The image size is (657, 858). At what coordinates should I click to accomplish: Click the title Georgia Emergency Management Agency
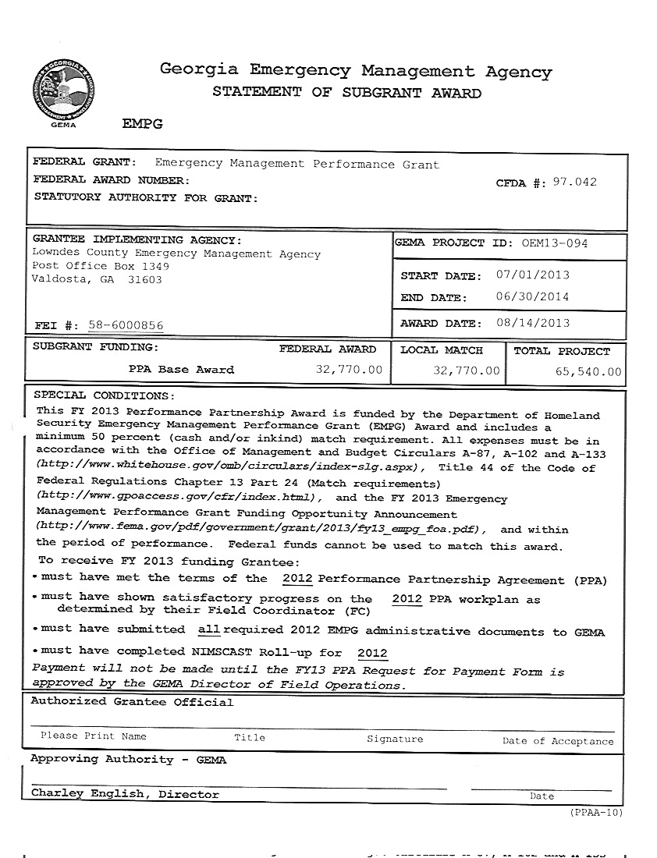pos(355,72)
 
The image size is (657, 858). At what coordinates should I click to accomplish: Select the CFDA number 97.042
pos(574,183)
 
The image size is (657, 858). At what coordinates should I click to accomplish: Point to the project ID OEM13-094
pos(555,243)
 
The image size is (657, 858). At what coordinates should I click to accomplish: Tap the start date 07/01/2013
pos(532,275)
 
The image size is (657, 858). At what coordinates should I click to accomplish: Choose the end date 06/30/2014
pos(532,297)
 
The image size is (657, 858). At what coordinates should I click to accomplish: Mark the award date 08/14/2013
pos(532,324)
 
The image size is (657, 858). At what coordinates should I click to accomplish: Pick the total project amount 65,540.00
pos(588,372)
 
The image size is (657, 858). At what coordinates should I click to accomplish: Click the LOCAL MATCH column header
pos(442,351)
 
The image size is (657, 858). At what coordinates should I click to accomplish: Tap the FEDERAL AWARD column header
pos(327,349)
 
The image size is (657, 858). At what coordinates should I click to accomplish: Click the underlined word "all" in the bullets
pos(209,629)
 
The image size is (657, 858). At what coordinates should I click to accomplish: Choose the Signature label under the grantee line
pos(395,739)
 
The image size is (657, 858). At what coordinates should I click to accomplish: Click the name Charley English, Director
pos(125,794)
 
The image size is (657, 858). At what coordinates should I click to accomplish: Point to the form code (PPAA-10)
pos(596,812)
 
